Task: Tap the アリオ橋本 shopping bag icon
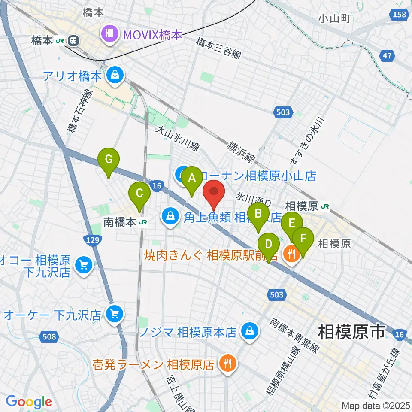click(115, 76)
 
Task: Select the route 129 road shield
click(96, 240)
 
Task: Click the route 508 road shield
click(49, 336)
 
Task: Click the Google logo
click(29, 402)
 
